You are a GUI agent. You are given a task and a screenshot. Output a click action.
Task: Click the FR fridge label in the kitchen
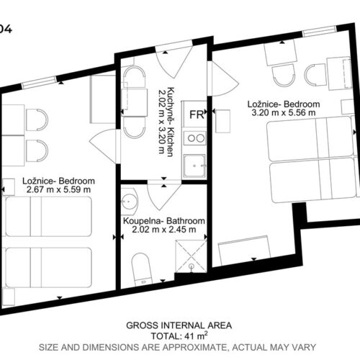(197, 114)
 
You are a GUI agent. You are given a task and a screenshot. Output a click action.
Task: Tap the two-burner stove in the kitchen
(194, 138)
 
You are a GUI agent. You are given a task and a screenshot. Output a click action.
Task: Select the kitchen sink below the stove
(194, 166)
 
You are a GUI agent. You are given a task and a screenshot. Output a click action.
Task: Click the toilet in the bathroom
(142, 269)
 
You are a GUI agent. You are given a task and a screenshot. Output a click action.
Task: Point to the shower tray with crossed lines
(191, 256)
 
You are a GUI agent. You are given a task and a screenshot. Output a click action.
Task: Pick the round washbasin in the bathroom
(129, 202)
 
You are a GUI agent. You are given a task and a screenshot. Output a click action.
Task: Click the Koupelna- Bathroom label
(164, 221)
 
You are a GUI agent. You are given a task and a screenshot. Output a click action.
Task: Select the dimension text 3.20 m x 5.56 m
(284, 112)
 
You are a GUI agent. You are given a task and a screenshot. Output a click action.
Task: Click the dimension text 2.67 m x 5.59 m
(58, 189)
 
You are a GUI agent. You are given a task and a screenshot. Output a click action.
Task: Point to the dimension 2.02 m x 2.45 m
(164, 230)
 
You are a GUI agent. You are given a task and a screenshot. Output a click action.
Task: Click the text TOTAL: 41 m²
(179, 336)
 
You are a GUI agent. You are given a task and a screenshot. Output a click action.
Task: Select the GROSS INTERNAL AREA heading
(179, 325)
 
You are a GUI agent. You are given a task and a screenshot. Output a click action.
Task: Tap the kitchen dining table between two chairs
(134, 102)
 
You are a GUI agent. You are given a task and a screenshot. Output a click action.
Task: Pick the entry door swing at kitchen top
(174, 62)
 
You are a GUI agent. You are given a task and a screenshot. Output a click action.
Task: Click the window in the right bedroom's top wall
(320, 31)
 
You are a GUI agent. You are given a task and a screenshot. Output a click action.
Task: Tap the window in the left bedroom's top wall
(39, 81)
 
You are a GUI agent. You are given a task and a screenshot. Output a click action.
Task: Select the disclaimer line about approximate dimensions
(177, 347)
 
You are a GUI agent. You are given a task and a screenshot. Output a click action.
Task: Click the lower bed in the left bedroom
(48, 268)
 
